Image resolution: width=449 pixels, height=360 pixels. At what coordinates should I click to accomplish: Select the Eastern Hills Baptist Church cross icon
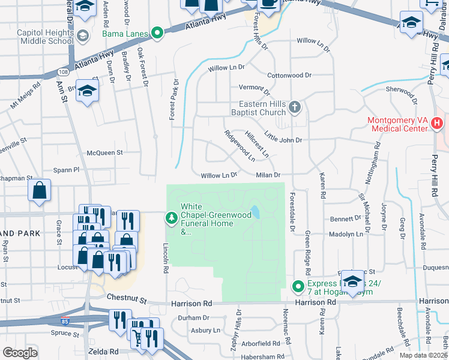pyautogui.click(x=294, y=107)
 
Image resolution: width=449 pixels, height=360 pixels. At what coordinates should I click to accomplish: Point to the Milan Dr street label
pyautogui.click(x=270, y=175)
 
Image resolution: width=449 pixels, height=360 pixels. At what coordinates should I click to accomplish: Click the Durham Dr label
pyautogui.click(x=193, y=317)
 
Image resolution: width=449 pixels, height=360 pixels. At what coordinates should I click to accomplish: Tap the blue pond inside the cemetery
pyautogui.click(x=256, y=212)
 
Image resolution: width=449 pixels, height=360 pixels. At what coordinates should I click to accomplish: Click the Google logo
pyautogui.click(x=20, y=353)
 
